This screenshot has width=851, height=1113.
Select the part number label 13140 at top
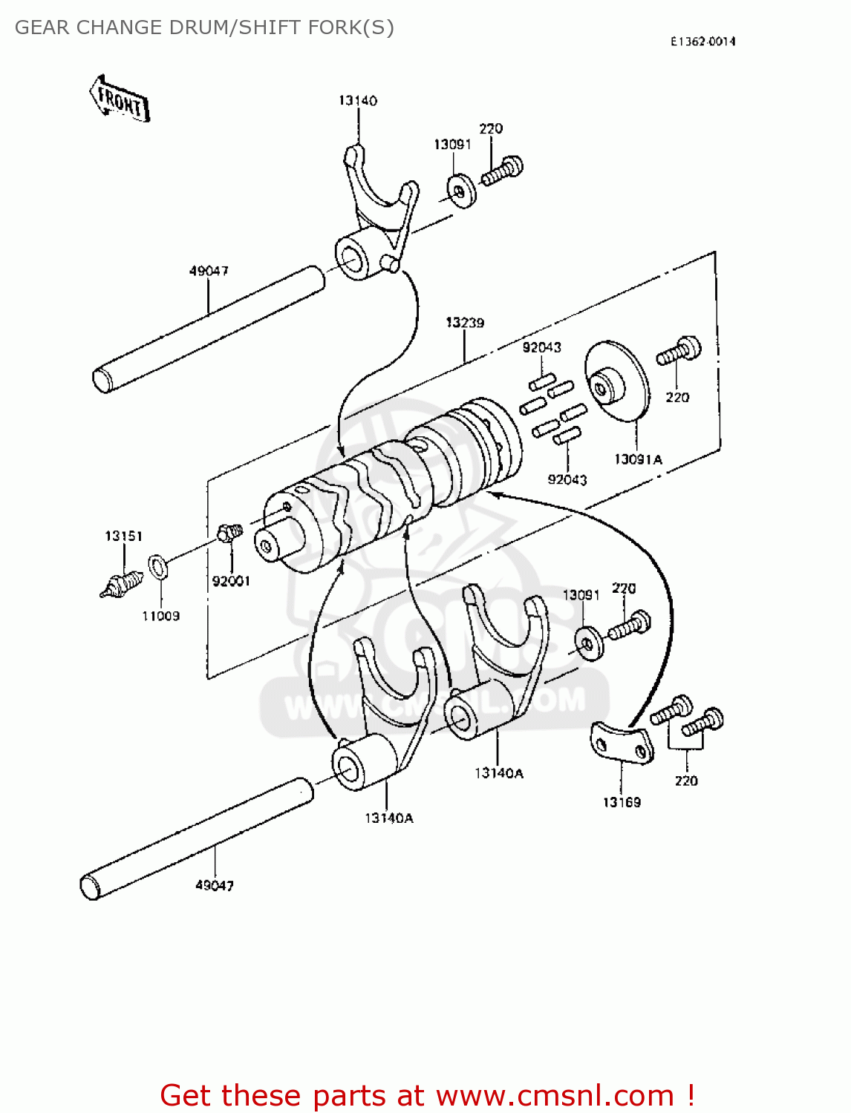point(358,100)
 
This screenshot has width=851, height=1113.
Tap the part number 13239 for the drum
point(465,323)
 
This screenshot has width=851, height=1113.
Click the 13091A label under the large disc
point(638,459)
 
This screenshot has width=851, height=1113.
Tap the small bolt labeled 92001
point(229,533)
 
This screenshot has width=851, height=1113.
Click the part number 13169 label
point(622,802)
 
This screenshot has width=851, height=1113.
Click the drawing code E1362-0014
point(702,42)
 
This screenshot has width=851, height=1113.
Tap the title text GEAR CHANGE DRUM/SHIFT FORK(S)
point(204,27)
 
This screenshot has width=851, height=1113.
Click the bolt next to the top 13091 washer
point(503,171)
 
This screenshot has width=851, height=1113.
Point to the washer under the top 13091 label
point(463,191)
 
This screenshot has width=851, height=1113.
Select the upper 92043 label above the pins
point(541,347)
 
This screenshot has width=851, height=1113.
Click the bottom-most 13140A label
point(389,818)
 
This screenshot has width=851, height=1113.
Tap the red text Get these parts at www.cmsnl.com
point(427,1095)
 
